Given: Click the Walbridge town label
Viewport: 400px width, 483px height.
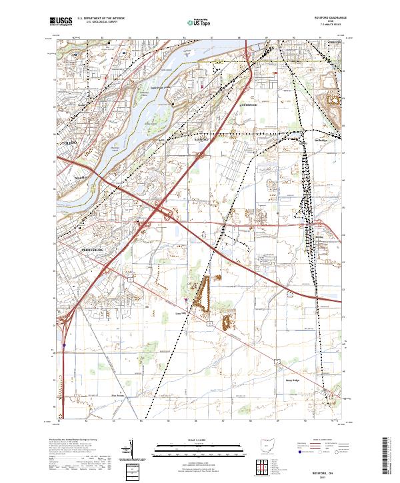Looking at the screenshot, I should point(321,141).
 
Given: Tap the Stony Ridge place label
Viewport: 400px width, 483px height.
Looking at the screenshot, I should point(292,380).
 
